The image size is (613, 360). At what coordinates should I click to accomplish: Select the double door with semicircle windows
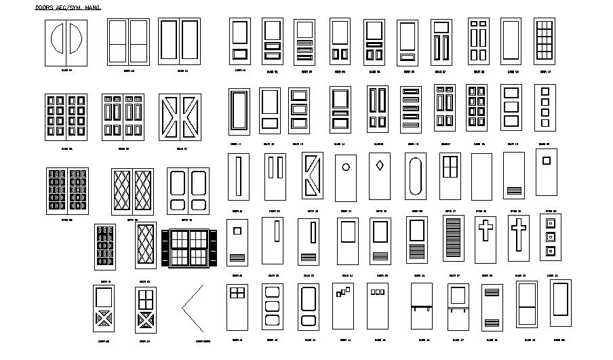point(66,43)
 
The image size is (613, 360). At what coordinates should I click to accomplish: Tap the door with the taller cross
point(519,239)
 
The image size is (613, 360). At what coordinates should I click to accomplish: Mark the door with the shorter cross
point(486,239)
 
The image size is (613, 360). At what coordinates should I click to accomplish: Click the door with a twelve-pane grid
point(545,41)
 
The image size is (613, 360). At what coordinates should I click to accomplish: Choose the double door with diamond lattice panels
point(132,191)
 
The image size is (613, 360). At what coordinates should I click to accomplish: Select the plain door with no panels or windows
point(481,176)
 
